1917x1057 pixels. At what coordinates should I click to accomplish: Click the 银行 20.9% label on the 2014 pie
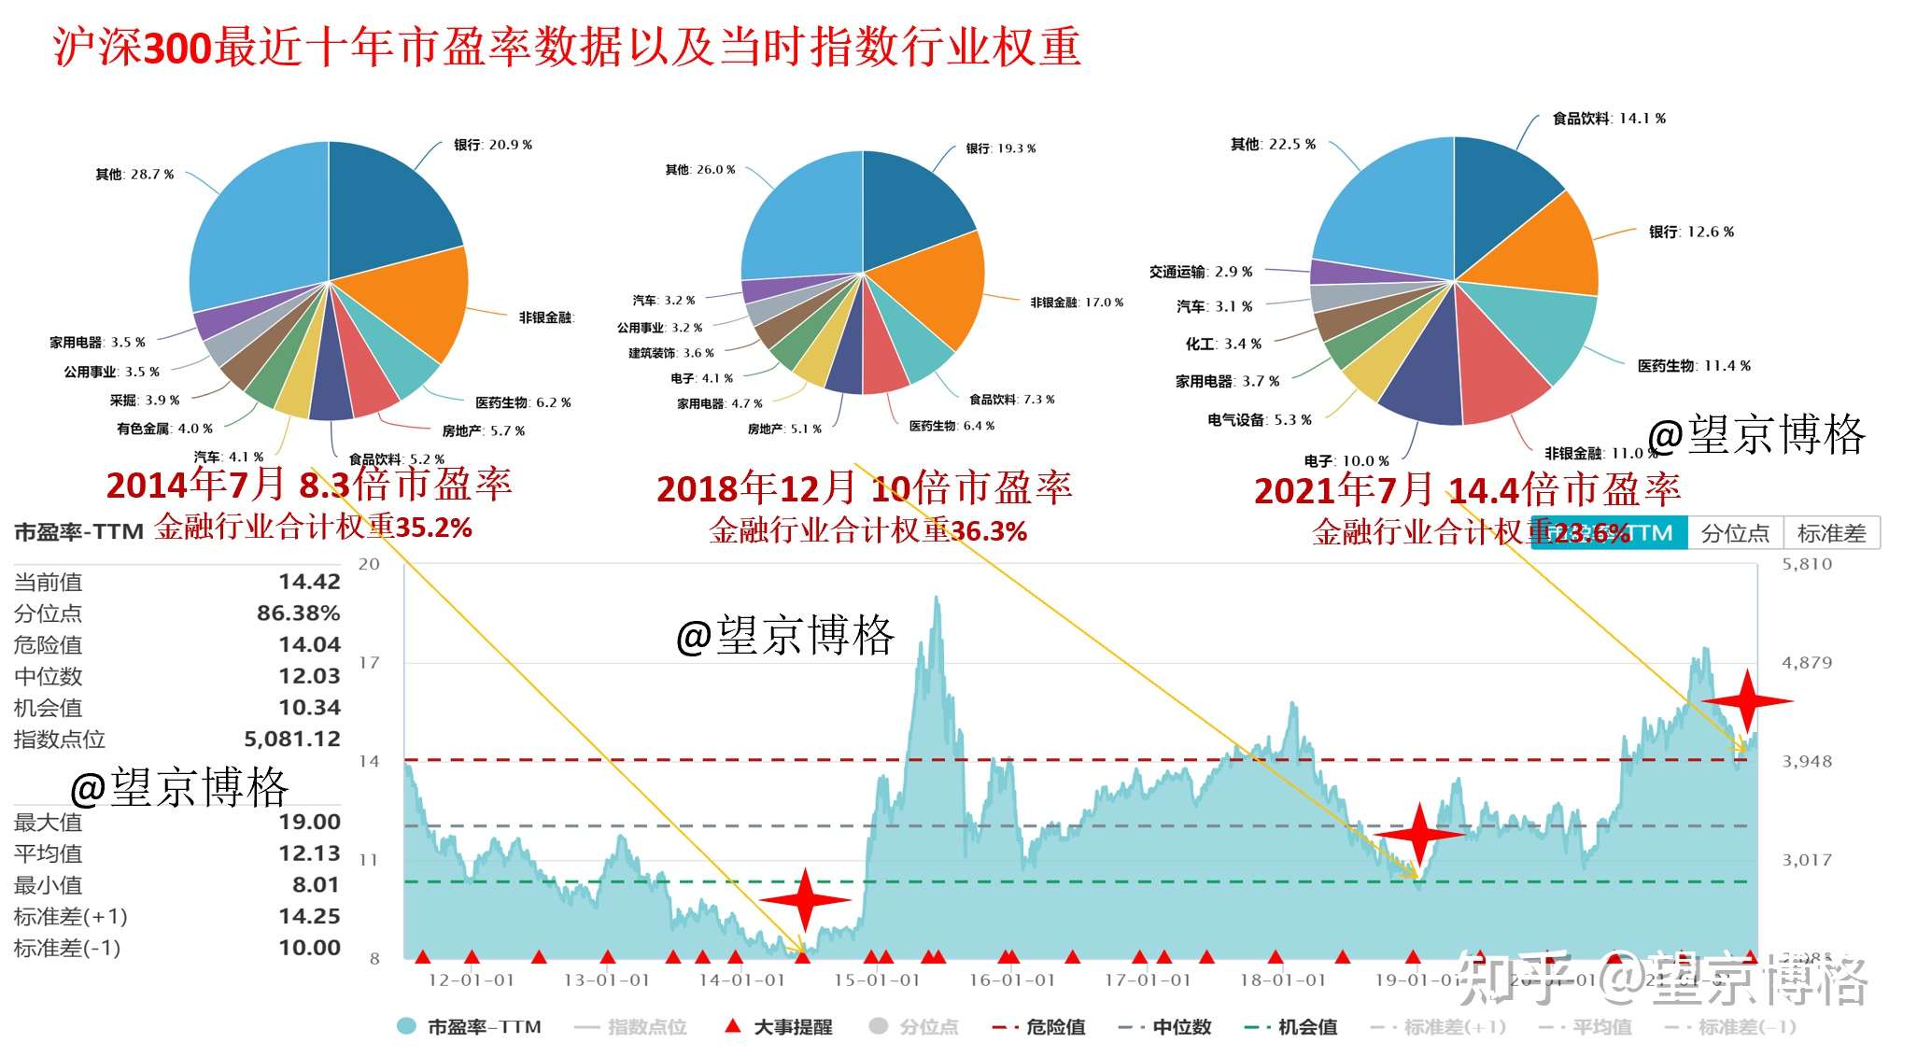[493, 145]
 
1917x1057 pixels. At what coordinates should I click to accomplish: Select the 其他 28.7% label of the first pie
[134, 175]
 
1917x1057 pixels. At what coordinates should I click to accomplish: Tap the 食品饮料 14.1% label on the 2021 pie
[1609, 119]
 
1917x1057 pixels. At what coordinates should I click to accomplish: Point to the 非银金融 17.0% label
[1077, 303]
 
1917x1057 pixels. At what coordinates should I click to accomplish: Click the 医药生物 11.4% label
[1694, 366]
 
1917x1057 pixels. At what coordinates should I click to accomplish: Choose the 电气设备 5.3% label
[1259, 420]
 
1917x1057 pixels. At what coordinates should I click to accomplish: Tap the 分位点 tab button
[1735, 533]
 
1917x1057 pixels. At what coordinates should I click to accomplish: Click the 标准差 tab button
[1831, 533]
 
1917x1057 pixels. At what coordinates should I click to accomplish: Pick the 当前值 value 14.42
[309, 582]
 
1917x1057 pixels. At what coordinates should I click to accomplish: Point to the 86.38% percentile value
[298, 613]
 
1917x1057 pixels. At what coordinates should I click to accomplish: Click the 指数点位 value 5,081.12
[292, 740]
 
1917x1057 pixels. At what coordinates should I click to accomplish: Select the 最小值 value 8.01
[316, 885]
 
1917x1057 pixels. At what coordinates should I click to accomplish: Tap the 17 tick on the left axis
[370, 663]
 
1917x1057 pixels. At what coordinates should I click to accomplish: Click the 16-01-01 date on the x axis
[1012, 980]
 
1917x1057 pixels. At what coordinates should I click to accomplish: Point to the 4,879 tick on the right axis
[1807, 663]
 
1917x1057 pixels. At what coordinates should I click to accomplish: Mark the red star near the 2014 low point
[805, 900]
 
